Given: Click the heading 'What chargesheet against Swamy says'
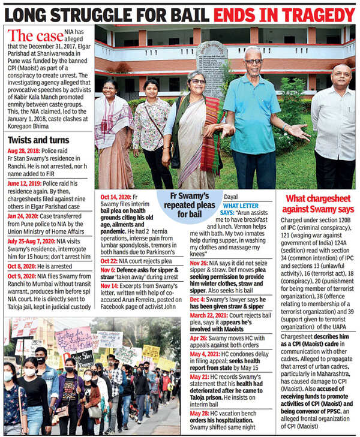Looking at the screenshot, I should coord(316,203).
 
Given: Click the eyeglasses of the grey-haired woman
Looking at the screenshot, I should coord(197,82).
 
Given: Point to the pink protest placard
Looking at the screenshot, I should coord(73,337).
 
